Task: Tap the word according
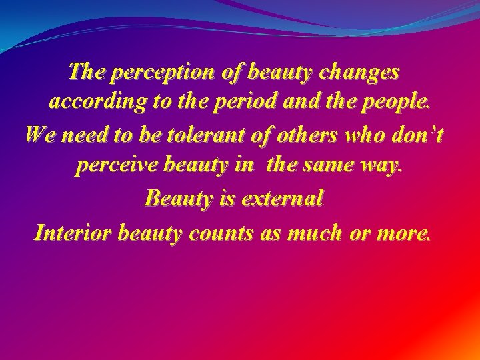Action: (x=93, y=103)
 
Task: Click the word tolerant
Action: (x=198, y=135)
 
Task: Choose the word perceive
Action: (x=115, y=165)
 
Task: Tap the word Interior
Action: (x=73, y=233)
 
